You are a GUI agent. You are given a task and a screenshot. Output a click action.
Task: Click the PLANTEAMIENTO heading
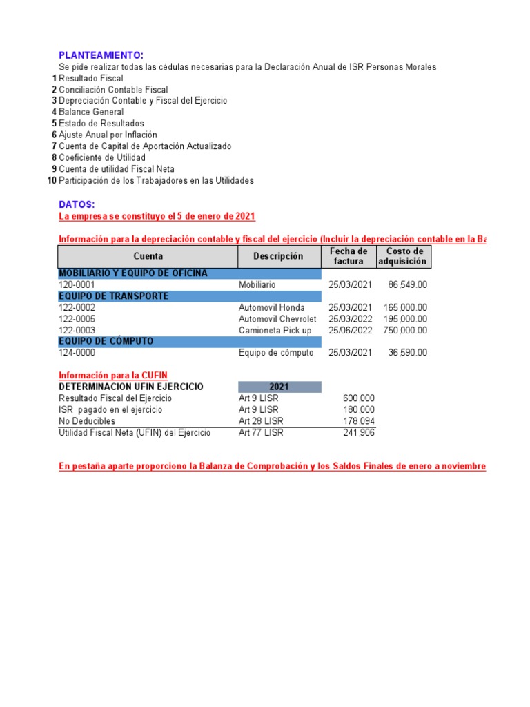101,55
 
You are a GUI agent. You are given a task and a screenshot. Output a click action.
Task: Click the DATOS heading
77,204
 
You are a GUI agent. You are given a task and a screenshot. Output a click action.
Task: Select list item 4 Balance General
91,112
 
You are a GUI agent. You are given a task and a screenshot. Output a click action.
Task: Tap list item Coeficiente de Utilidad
102,157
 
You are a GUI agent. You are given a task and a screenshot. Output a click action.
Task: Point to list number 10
52,180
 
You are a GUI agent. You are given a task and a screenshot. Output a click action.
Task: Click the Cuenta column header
148,256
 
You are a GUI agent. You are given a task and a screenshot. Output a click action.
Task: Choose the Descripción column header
278,256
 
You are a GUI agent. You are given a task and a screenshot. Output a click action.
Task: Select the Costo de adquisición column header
404,256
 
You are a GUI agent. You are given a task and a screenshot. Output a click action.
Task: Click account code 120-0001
77,284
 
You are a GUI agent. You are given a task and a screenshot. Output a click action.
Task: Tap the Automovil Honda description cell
272,307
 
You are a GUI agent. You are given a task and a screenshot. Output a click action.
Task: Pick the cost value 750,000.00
405,330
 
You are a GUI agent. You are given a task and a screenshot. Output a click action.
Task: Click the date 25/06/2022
350,330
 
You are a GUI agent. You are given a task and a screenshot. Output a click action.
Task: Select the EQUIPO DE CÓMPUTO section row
189,341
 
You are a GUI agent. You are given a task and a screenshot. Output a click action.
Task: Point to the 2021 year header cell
279,387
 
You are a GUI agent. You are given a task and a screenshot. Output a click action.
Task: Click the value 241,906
359,432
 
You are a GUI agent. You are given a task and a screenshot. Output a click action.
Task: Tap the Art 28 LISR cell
261,421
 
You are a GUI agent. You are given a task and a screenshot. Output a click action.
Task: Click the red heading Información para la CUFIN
113,375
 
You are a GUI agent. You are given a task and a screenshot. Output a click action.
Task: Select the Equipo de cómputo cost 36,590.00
408,353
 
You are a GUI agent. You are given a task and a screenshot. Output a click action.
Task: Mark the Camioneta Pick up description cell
275,330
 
